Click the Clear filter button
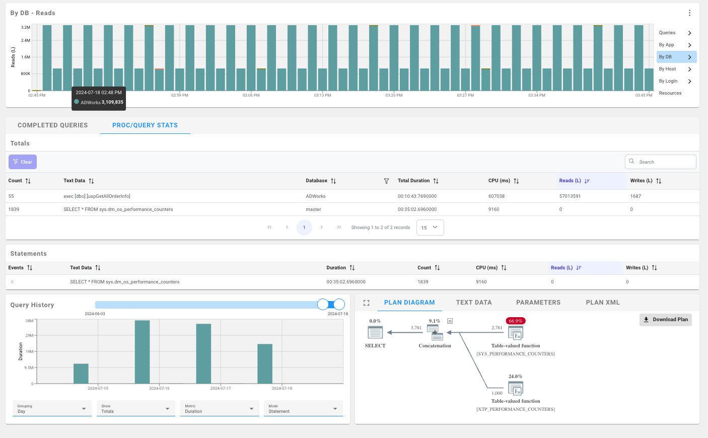pyautogui.click(x=23, y=162)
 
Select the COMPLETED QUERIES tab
pyautogui.click(x=52, y=125)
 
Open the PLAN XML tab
pyautogui.click(x=602, y=303)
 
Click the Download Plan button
pyautogui.click(x=665, y=320)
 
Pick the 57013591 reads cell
pyautogui.click(x=570, y=196)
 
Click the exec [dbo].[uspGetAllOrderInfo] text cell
pyautogui.click(x=97, y=196)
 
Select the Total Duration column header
pyautogui.click(x=413, y=181)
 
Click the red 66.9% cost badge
pyautogui.click(x=515, y=321)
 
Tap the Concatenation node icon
pyautogui.click(x=435, y=332)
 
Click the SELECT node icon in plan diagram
pyautogui.click(x=375, y=332)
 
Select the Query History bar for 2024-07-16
pyautogui.click(x=142, y=352)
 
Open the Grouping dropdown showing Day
pyautogui.click(x=52, y=408)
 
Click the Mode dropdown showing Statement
pyautogui.click(x=303, y=408)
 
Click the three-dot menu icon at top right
pyautogui.click(x=689, y=13)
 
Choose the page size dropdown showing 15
pyautogui.click(x=430, y=228)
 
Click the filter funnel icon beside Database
pyautogui.click(x=386, y=181)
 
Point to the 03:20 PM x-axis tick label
pyautogui.click(x=394, y=95)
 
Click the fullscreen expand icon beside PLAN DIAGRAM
pyautogui.click(x=366, y=303)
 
